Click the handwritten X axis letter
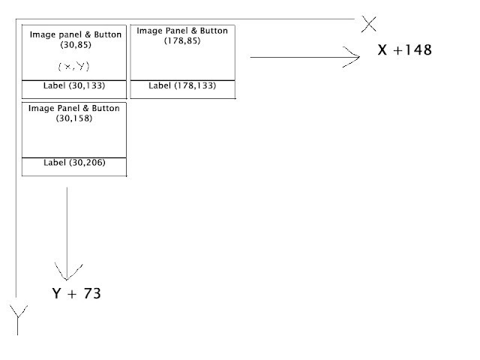click(x=368, y=24)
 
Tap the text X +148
click(x=405, y=51)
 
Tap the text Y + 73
click(x=76, y=293)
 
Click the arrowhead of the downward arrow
click(x=67, y=272)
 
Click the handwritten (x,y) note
click(x=73, y=66)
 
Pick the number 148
click(x=417, y=51)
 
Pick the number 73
click(x=91, y=293)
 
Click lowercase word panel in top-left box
click(x=68, y=34)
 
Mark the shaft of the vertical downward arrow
click(x=67, y=225)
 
